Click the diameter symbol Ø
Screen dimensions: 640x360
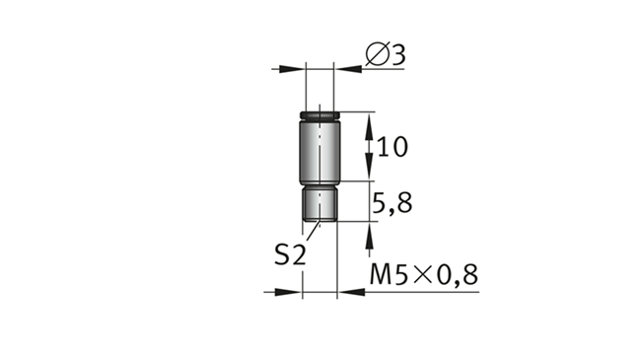click(378, 53)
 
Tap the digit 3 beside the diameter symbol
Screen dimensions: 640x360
click(398, 54)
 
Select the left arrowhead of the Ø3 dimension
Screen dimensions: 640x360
click(292, 69)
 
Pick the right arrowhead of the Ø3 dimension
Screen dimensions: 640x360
click(348, 69)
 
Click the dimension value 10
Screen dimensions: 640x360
click(392, 147)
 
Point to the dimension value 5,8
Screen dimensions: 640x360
click(392, 203)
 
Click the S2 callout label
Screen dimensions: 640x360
click(290, 254)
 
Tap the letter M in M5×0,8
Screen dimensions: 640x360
click(380, 274)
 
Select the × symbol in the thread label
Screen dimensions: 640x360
click(423, 275)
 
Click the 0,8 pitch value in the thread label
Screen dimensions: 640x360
click(458, 275)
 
